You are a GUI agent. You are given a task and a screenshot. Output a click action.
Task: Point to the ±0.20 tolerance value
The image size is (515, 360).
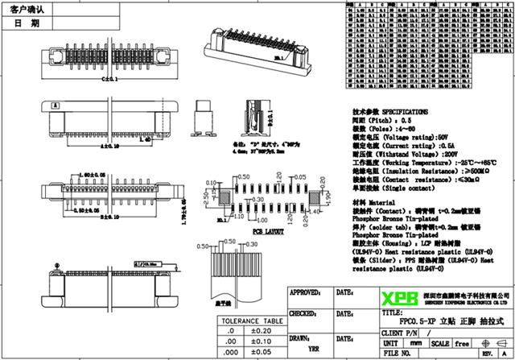(x=262, y=330)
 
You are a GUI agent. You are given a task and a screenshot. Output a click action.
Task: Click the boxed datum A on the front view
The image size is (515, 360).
(x=56, y=105)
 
